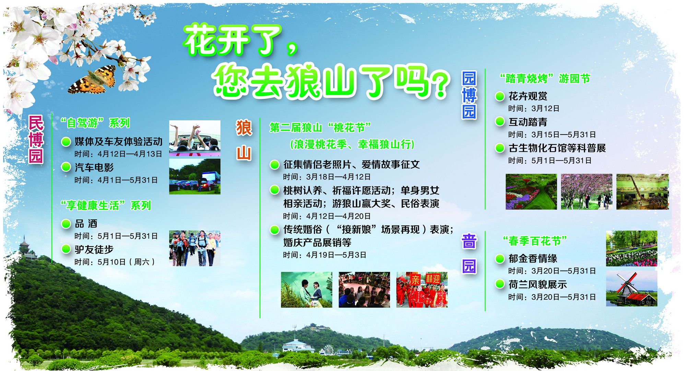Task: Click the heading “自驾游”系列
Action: click(x=95, y=123)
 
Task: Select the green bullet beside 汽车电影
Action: click(x=66, y=167)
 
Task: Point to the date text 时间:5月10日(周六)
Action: click(x=115, y=262)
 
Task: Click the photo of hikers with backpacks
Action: click(x=194, y=248)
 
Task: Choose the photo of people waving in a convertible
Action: click(x=194, y=138)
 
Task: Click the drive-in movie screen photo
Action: click(x=194, y=176)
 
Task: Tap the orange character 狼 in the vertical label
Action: click(x=244, y=128)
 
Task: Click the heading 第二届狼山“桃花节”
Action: click(x=320, y=128)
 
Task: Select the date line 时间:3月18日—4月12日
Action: click(x=327, y=177)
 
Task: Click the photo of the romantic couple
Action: click(x=306, y=290)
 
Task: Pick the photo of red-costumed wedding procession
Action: click(x=422, y=290)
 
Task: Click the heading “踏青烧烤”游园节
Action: click(x=545, y=79)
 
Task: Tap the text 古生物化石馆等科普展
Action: click(x=557, y=148)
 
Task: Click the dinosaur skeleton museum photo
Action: click(x=642, y=192)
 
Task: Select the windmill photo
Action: click(x=631, y=288)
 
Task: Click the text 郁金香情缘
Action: click(x=533, y=258)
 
